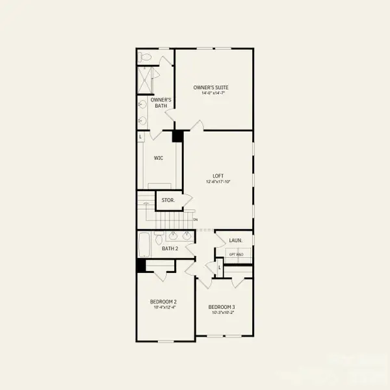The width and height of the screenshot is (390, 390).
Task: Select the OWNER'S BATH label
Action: click(x=161, y=103)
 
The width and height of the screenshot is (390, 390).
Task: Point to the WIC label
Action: click(x=159, y=157)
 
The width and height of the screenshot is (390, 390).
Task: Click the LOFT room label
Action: click(x=218, y=175)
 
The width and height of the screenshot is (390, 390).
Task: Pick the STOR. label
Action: click(x=168, y=200)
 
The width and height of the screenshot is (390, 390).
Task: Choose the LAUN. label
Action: click(x=235, y=240)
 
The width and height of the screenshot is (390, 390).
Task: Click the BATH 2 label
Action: click(x=170, y=248)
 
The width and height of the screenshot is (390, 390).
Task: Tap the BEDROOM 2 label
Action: click(x=164, y=302)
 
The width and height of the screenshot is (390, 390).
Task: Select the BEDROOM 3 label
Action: click(x=222, y=307)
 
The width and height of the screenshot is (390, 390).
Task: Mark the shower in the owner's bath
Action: click(x=144, y=80)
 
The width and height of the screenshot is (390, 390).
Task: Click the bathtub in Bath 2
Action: click(x=144, y=246)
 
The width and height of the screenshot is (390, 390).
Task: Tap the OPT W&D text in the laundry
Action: click(x=235, y=255)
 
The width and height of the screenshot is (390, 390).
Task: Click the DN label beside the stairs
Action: click(x=195, y=220)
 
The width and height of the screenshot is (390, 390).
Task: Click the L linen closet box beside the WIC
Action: click(x=140, y=136)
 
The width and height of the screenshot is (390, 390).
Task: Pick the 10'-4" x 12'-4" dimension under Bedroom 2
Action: click(x=164, y=307)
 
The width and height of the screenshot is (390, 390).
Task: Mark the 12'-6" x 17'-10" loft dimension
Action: click(x=218, y=181)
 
